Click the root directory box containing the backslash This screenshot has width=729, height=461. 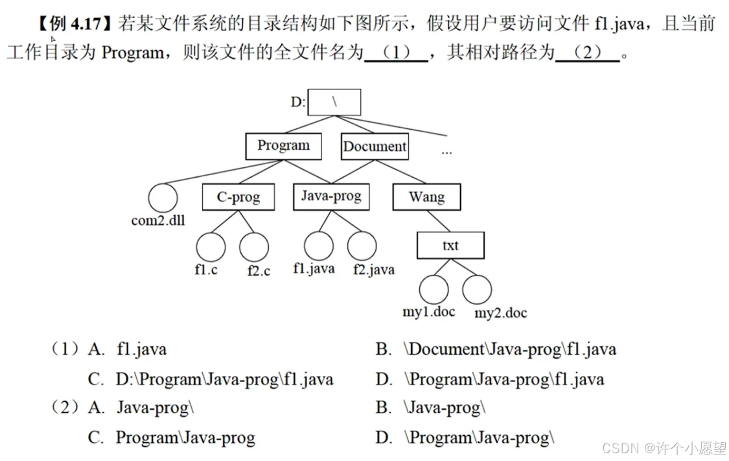pyautogui.click(x=334, y=102)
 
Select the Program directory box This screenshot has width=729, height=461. pyautogui.click(x=283, y=146)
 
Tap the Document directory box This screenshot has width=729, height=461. pyautogui.click(x=375, y=147)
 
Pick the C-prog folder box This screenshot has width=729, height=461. pyautogui.click(x=238, y=197)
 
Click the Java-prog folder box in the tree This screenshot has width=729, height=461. pyautogui.click(x=331, y=196)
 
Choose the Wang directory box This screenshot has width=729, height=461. pyautogui.click(x=426, y=197)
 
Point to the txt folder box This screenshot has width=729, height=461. pyautogui.click(x=450, y=246)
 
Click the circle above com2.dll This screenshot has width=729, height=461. pyautogui.click(x=162, y=198)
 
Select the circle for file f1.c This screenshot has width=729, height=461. pyautogui.click(x=211, y=247)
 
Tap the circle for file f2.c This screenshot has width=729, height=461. pyautogui.click(x=254, y=247)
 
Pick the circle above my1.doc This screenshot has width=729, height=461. pyautogui.click(x=434, y=289)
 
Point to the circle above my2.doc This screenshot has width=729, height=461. pyautogui.click(x=477, y=289)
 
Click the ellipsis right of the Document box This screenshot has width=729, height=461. pyautogui.click(x=446, y=152)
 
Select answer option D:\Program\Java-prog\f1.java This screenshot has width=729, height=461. pyautogui.click(x=224, y=379)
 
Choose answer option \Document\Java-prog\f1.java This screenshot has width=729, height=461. pyautogui.click(x=510, y=349)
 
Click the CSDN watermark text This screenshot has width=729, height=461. pyautogui.click(x=664, y=448)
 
